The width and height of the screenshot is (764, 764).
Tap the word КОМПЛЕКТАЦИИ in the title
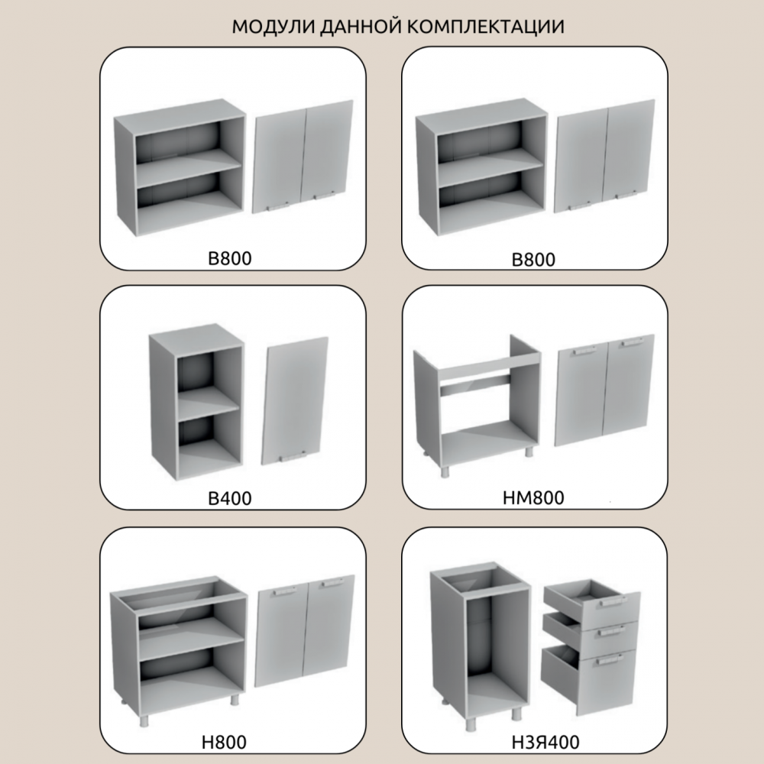click(x=486, y=26)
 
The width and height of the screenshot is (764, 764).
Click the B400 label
click(x=230, y=498)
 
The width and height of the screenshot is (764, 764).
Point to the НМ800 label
click(x=533, y=498)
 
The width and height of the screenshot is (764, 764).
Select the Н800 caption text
click(x=224, y=742)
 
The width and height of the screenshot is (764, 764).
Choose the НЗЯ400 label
click(x=545, y=742)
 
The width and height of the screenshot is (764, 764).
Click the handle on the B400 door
click(x=294, y=457)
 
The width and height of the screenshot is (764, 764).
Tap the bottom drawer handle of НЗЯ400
click(x=609, y=660)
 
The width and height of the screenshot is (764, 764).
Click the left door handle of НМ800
click(x=584, y=350)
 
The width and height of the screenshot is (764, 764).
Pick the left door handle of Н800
click(x=284, y=591)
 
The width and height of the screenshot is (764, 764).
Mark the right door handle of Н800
click(x=332, y=584)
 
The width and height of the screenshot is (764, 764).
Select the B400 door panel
click(x=294, y=400)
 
